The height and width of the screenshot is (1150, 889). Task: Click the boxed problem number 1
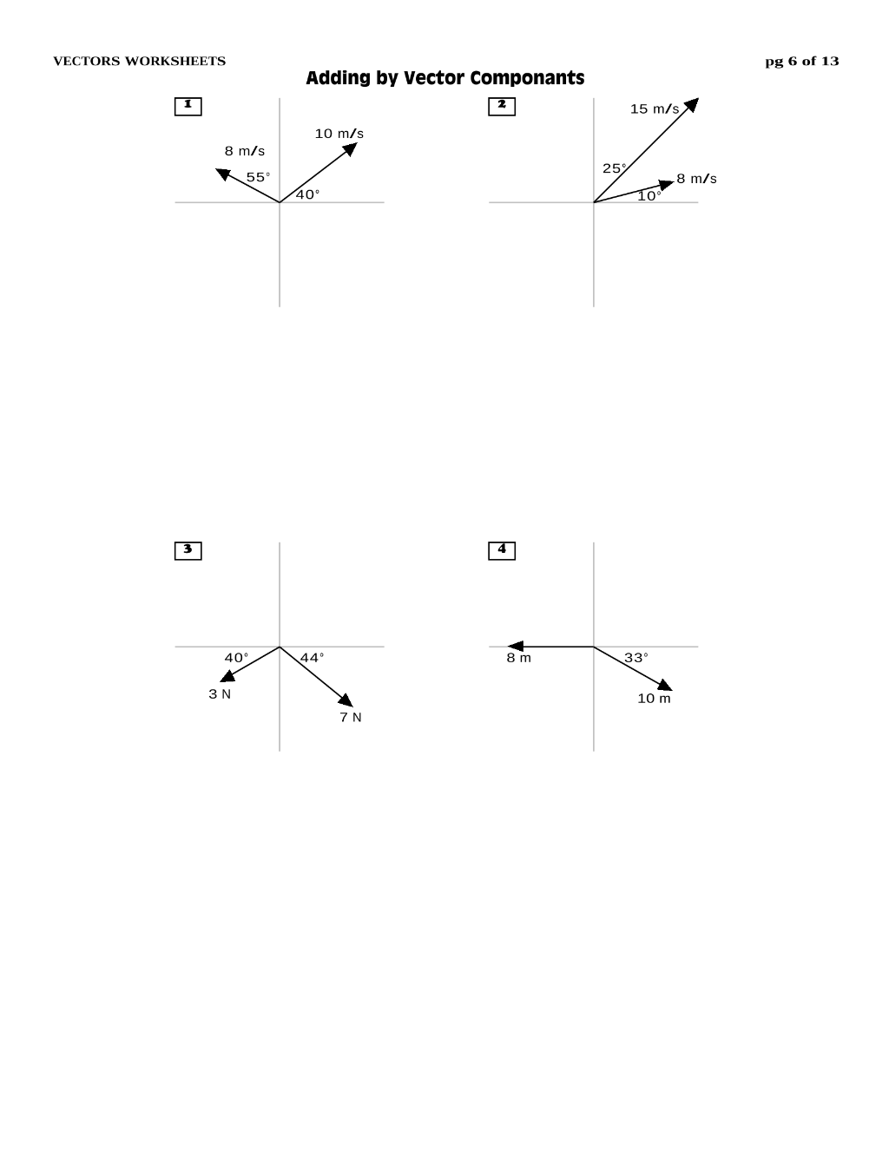(x=188, y=107)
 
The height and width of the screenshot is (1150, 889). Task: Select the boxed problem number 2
(x=502, y=107)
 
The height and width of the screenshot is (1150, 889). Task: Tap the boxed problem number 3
(x=188, y=551)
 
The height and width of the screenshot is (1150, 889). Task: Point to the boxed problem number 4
(x=502, y=551)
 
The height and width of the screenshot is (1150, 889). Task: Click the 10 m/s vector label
(x=339, y=134)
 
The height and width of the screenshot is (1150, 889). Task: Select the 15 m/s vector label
(x=655, y=109)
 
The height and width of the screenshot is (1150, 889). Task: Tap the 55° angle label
(x=258, y=177)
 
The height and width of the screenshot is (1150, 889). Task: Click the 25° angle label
(x=615, y=168)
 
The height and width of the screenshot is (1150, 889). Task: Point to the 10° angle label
(x=649, y=196)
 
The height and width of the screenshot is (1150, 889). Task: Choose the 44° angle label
(x=312, y=658)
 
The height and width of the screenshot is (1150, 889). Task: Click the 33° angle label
(x=636, y=658)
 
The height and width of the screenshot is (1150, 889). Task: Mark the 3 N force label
(x=220, y=694)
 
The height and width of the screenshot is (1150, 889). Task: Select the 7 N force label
(x=351, y=718)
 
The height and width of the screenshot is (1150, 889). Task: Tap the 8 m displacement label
(x=518, y=659)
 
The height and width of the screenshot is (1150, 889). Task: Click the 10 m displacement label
(x=654, y=699)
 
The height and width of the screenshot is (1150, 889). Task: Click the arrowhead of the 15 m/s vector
(x=692, y=104)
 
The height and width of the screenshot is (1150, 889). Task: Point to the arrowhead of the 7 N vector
(x=346, y=700)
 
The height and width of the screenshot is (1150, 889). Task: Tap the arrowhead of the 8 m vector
(x=515, y=647)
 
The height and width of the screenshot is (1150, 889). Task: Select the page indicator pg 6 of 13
(x=801, y=62)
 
